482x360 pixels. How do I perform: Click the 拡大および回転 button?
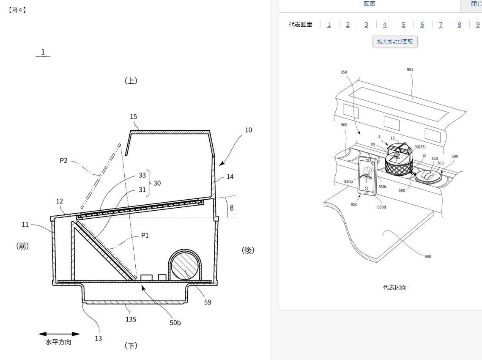[x=395, y=41]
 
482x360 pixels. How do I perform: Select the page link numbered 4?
[x=385, y=25]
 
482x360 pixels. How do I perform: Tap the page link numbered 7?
[x=441, y=25]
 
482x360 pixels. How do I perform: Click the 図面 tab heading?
[x=370, y=4]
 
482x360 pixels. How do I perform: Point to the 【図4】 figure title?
[x=17, y=10]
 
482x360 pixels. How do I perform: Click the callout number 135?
[x=131, y=319]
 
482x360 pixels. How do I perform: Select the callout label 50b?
[x=175, y=322]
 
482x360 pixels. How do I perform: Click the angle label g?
[x=231, y=207]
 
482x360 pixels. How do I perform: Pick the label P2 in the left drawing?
[x=63, y=160]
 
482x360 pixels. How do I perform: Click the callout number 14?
[x=230, y=177]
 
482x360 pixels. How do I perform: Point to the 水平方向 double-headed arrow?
[x=59, y=334]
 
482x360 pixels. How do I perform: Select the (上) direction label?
[x=131, y=80]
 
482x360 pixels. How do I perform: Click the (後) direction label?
[x=248, y=250]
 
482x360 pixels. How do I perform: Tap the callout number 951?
[x=410, y=70]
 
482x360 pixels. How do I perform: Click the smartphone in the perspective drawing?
[x=367, y=176]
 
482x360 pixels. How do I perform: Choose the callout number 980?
[x=427, y=256]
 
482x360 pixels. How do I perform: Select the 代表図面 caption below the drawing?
[x=395, y=287]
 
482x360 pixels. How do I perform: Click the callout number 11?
[x=25, y=225]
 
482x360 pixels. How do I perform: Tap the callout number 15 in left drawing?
[x=134, y=116]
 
